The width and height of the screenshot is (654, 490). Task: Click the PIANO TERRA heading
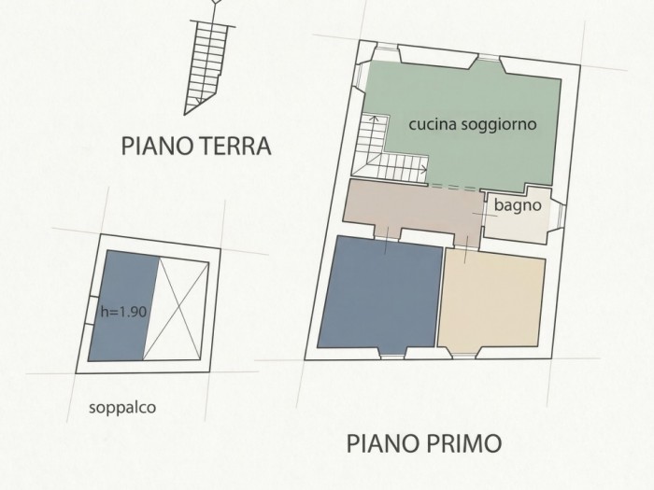196,147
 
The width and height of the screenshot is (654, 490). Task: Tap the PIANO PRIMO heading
424,443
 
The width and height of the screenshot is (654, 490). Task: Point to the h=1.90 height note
123,311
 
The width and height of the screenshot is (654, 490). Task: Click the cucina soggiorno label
473,124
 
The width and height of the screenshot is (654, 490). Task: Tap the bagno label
518,205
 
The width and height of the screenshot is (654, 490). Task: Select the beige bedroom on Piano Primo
491,299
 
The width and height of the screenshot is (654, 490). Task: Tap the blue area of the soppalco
123,306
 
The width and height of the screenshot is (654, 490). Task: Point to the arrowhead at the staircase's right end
424,169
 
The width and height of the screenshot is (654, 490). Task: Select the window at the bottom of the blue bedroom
393,355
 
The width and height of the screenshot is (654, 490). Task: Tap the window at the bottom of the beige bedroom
464,356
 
